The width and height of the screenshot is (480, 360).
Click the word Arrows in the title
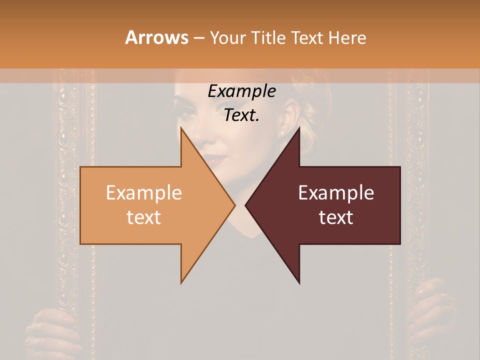tap(157, 37)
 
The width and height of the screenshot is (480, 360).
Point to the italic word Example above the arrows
tap(241, 91)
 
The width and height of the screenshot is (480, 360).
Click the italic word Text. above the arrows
tap(241, 115)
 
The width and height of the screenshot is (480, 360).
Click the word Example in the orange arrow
tap(144, 192)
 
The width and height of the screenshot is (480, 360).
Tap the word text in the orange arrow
tap(144, 217)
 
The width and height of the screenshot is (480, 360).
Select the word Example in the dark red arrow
tap(336, 192)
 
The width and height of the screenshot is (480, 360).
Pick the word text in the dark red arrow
tap(336, 217)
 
